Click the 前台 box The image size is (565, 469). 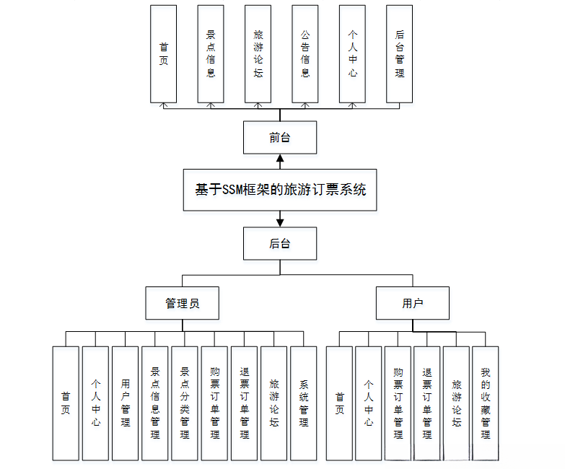(280, 137)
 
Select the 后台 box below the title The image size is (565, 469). (280, 243)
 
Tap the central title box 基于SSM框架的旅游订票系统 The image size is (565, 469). (280, 190)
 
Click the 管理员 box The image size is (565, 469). (183, 303)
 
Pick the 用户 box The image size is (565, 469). (413, 303)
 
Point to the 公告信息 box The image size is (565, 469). (305, 54)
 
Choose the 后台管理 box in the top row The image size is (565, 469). (400, 54)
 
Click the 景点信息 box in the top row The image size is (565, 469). (211, 54)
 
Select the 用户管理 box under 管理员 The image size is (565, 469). (126, 403)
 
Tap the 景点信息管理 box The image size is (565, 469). (155, 403)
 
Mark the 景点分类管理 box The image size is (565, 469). (185, 403)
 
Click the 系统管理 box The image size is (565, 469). (304, 403)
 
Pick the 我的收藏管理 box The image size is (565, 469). (486, 403)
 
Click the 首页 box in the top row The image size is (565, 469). (164, 54)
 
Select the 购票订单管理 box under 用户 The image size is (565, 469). (398, 403)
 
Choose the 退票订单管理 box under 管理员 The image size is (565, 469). (244, 403)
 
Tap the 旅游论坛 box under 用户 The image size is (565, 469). (456, 403)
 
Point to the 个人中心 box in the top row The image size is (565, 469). (352, 54)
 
